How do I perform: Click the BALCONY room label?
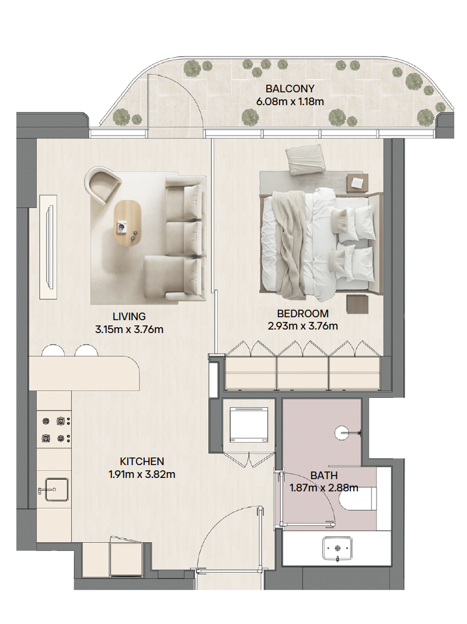coord(290,88)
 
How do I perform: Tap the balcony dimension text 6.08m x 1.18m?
coord(290,102)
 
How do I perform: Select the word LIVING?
coord(129,316)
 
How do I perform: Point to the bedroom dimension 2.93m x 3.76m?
coord(303,327)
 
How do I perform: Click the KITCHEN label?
coord(142,461)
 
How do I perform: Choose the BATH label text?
coord(324,475)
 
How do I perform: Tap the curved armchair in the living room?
coord(103,186)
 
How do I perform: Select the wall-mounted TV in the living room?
coord(50,247)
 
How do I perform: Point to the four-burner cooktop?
coord(55,430)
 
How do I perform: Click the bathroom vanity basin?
coord(337,549)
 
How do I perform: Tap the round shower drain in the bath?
coord(342,432)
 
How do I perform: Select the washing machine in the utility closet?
coord(249,424)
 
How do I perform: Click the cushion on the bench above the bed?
coord(306,159)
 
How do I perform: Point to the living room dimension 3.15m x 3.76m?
coord(129,330)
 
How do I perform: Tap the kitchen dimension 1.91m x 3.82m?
coord(142,474)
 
